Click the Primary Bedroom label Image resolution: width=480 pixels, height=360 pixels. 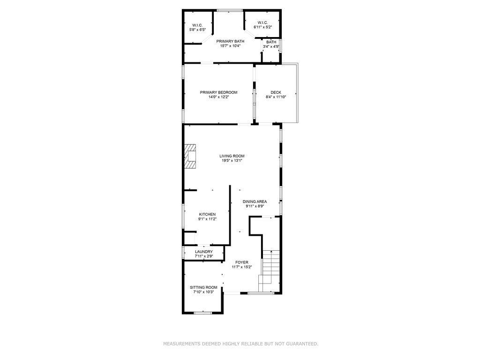point(218,92)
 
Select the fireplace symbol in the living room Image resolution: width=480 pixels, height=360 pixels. point(190,156)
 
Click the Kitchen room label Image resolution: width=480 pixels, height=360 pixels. point(207,214)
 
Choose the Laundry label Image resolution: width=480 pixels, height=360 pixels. point(204,252)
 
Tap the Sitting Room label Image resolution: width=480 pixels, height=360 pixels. point(203,287)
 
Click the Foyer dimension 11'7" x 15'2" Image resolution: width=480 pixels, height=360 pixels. point(242,267)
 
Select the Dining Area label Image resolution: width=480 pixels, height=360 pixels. point(255,202)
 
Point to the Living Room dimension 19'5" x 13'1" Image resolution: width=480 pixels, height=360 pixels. point(232,161)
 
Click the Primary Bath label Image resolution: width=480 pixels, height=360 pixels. point(230,41)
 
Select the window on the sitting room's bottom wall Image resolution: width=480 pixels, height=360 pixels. point(202,312)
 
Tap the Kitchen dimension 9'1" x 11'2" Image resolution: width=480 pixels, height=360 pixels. point(207,219)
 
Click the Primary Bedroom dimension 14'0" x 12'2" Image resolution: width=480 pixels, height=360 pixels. point(218,97)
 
